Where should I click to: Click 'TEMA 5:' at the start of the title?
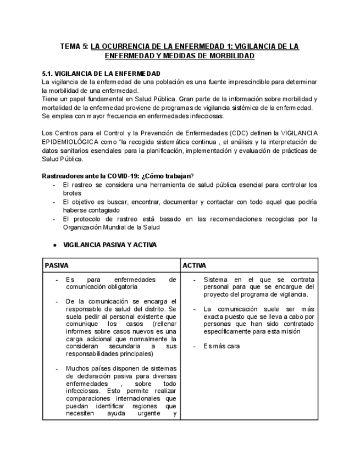[x=74, y=47]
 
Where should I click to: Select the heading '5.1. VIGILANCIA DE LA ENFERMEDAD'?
[x=101, y=74]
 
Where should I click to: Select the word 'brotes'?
[x=73, y=193]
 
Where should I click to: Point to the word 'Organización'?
[x=84, y=227]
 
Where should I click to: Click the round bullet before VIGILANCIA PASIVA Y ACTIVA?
[x=56, y=245]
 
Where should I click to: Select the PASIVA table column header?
[x=57, y=265]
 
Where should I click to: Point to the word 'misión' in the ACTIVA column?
[x=289, y=331]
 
